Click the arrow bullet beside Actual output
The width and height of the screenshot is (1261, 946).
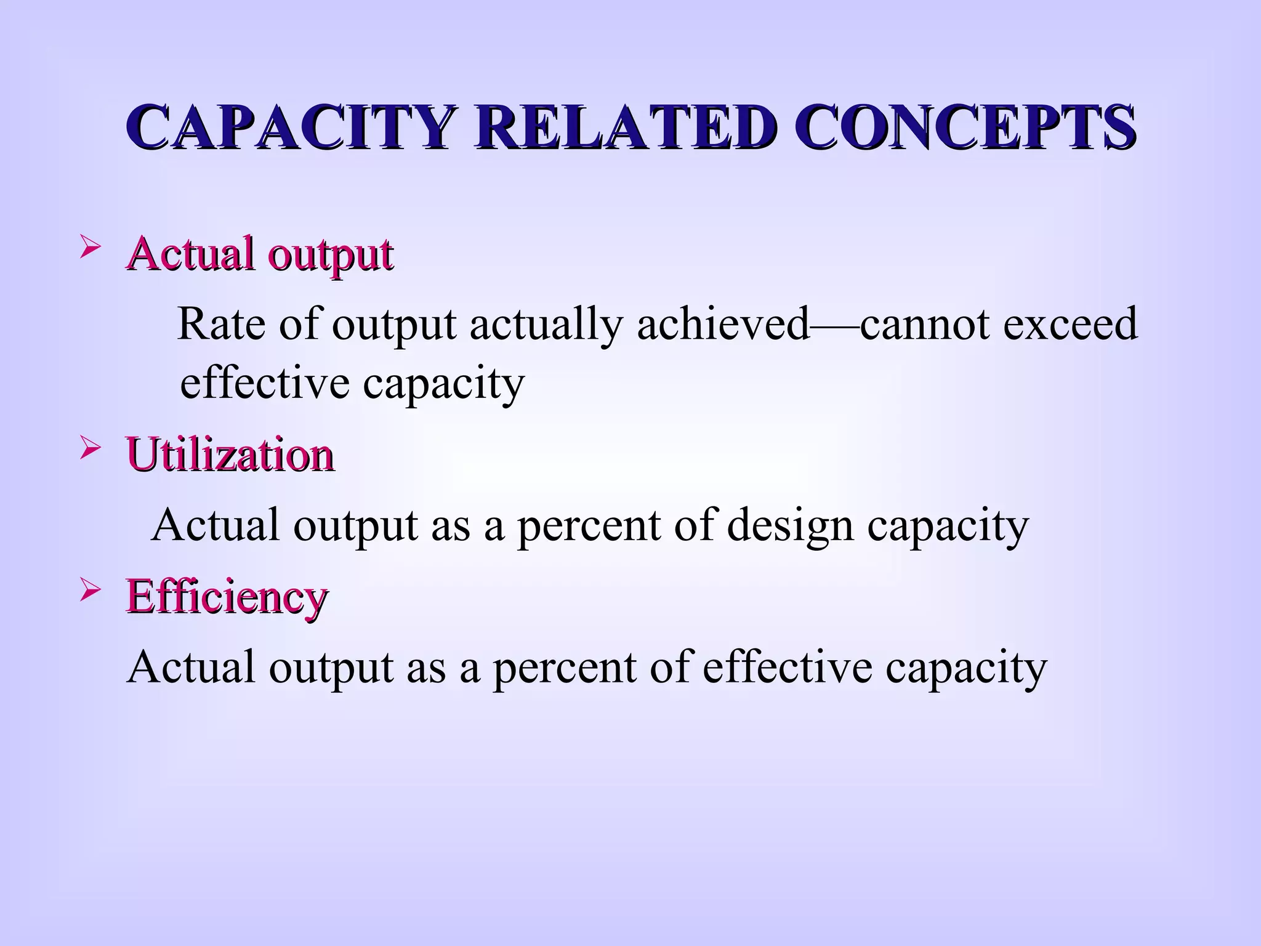pyautogui.click(x=91, y=249)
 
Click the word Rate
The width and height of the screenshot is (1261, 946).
pyautogui.click(x=221, y=324)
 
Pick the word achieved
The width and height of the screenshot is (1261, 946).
pyautogui.click(x=723, y=324)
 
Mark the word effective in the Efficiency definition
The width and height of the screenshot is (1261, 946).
pyautogui.click(x=787, y=668)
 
